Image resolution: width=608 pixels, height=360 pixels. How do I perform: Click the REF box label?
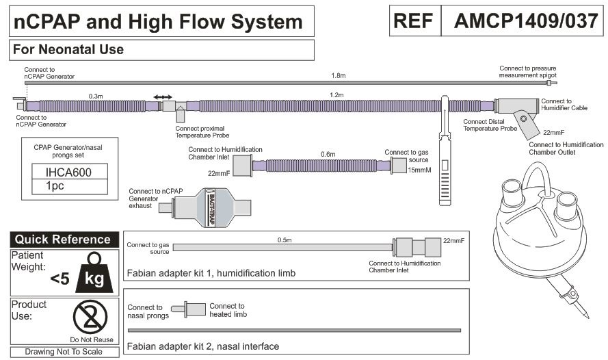coord(414,21)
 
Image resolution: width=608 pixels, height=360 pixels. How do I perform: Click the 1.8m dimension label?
coord(338,75)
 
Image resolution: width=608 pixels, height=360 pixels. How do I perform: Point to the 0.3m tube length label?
coord(96,97)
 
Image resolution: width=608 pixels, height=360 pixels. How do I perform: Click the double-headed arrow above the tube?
coord(163,97)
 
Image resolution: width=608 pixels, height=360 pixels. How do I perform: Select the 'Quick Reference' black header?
coord(63,240)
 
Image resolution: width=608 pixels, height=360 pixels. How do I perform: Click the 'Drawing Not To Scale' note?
coord(63,352)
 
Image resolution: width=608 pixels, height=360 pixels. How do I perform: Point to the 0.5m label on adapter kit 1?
coord(285,240)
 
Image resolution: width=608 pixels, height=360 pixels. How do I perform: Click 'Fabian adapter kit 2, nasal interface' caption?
coord(203,346)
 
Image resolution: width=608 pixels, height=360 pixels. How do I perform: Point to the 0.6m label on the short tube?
coord(328,154)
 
